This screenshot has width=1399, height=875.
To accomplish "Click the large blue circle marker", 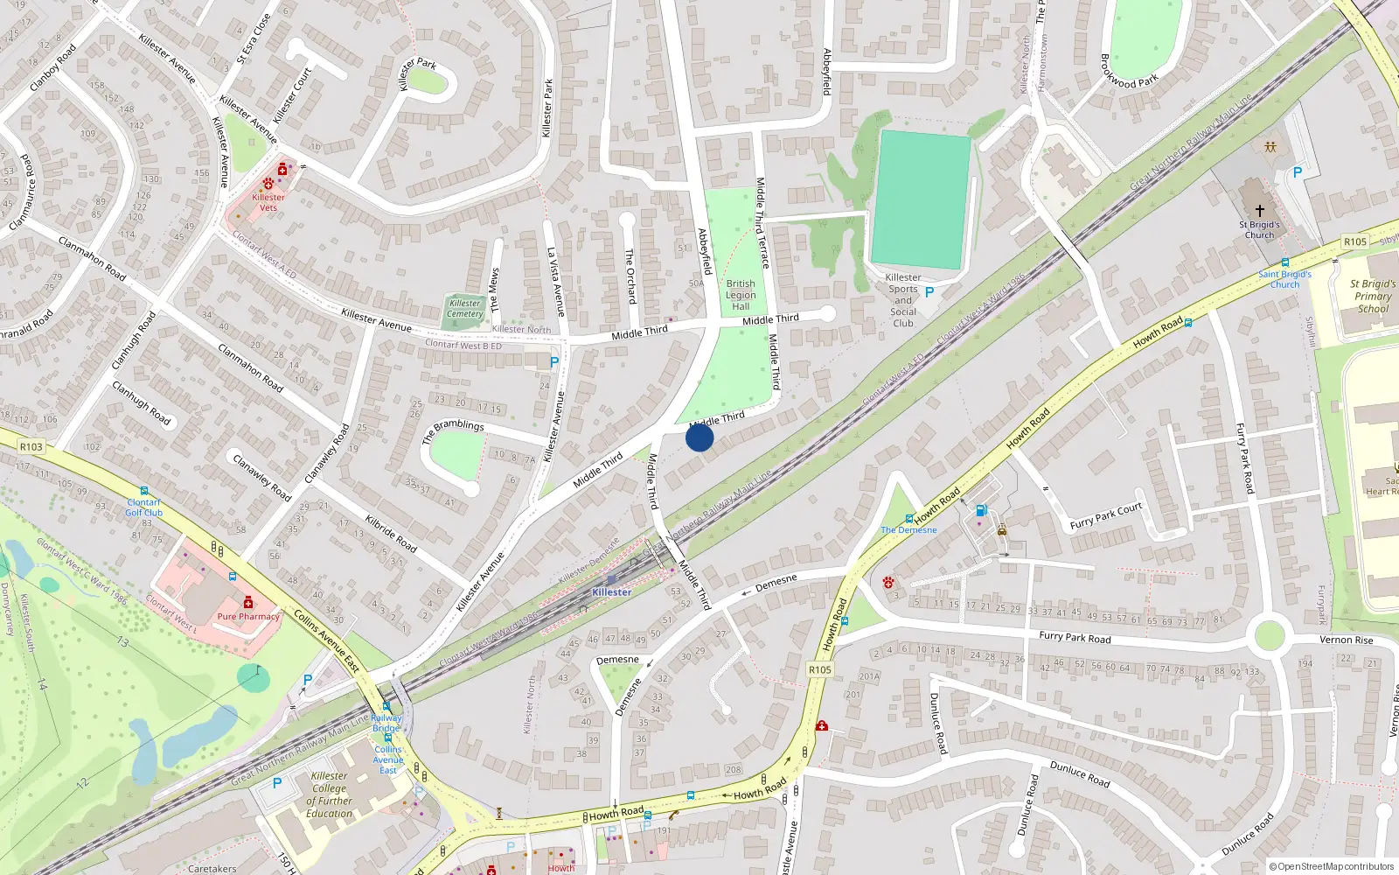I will click(699, 437).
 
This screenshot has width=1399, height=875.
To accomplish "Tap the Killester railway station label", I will click(611, 592).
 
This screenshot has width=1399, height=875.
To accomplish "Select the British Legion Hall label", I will click(741, 295).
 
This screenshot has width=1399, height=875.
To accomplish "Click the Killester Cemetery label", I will click(465, 309).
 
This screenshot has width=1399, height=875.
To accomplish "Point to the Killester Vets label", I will click(268, 202).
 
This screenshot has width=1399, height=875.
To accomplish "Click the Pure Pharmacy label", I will click(248, 617).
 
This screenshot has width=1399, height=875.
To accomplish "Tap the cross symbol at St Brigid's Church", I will click(1260, 211).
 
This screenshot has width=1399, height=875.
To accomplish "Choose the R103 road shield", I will click(31, 447).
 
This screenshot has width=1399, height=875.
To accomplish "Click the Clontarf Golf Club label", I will click(144, 507).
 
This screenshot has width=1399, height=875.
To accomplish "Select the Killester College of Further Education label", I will click(330, 794).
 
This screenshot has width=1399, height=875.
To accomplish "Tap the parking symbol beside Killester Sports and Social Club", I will click(929, 292).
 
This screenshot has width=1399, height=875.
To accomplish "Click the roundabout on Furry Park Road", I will click(1270, 634).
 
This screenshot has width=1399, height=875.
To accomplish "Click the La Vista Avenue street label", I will click(556, 282).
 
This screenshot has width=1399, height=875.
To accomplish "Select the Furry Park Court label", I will click(1105, 516).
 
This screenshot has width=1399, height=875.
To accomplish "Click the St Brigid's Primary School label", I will click(1373, 296).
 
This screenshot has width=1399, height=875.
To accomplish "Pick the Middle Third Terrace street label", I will click(762, 222).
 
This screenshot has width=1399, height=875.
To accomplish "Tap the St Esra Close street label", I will click(254, 39).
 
